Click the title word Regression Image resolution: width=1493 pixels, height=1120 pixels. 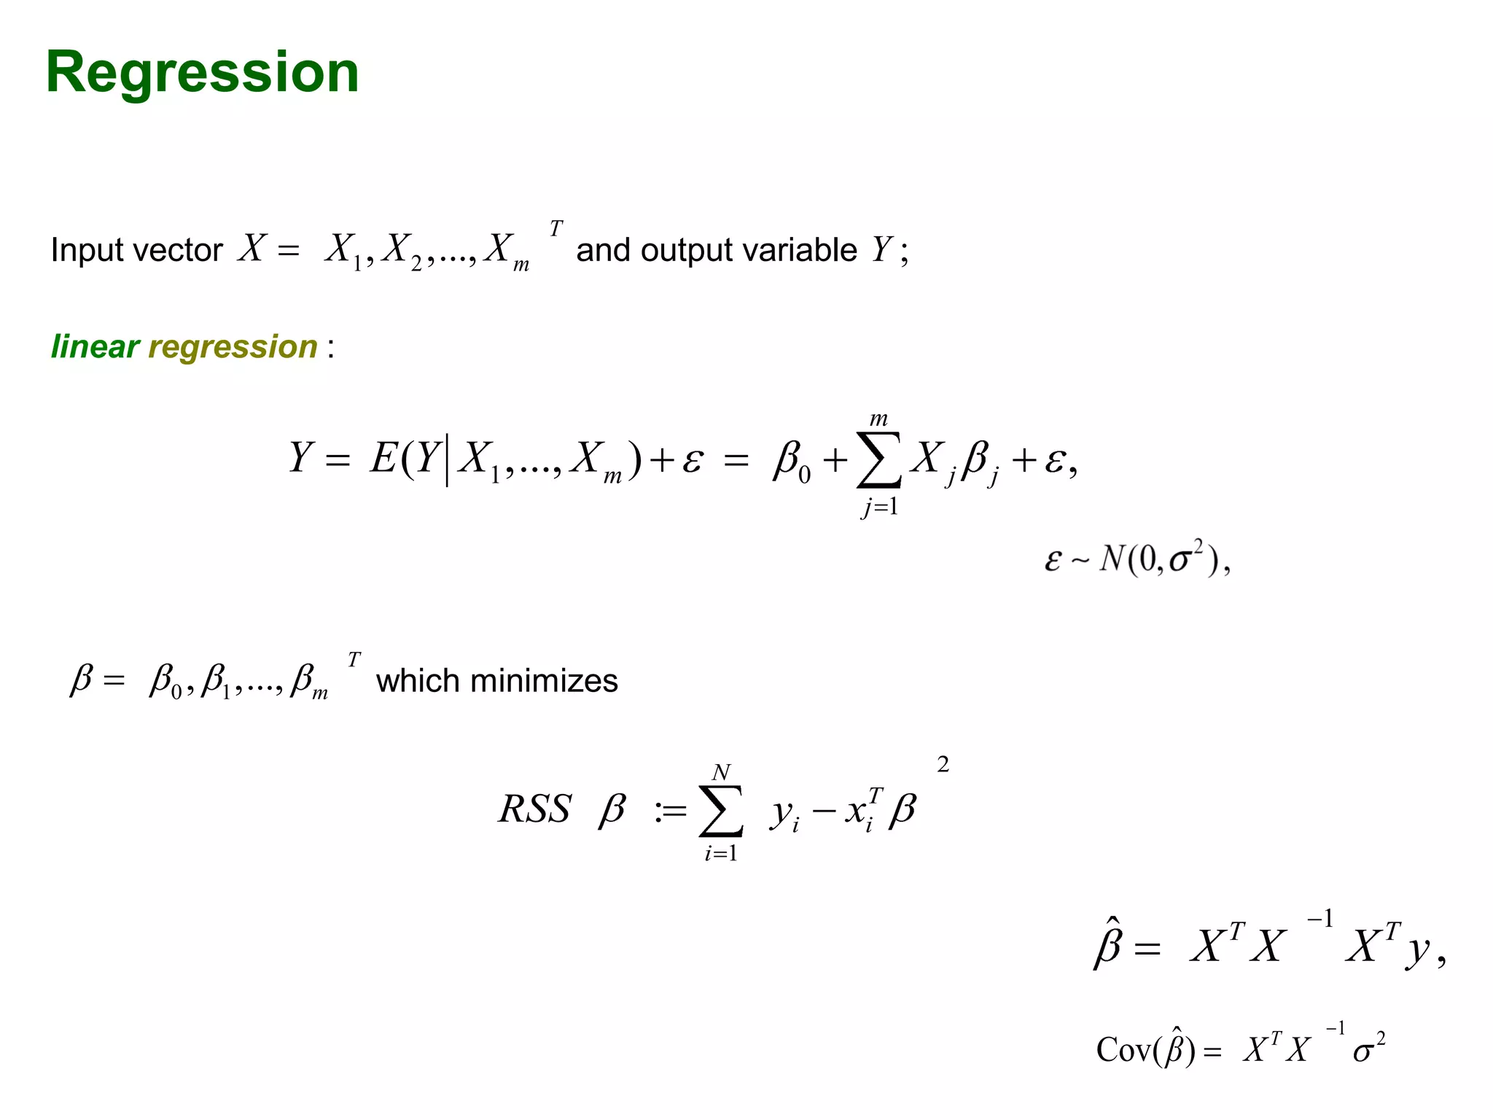(x=202, y=73)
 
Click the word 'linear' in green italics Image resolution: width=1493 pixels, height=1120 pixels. (x=95, y=346)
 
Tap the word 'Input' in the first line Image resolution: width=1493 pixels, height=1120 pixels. (x=79, y=250)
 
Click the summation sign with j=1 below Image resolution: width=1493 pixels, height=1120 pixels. (x=878, y=460)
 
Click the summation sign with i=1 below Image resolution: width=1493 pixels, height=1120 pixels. (x=720, y=811)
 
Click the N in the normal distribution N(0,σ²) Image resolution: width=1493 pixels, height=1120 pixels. (x=1112, y=559)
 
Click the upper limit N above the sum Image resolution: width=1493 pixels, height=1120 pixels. (x=721, y=772)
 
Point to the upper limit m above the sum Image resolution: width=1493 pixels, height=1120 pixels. (x=878, y=419)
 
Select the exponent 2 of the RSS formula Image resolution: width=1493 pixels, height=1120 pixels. (x=943, y=764)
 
